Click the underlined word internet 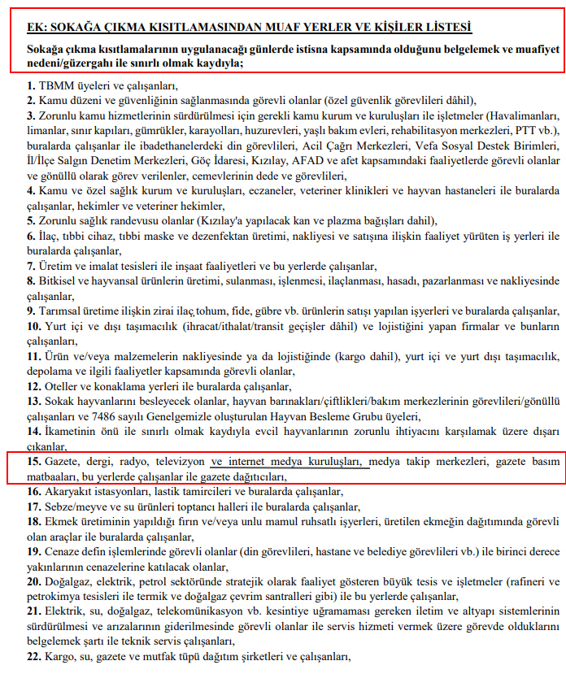point(254,461)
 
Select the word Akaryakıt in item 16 point(67,491)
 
